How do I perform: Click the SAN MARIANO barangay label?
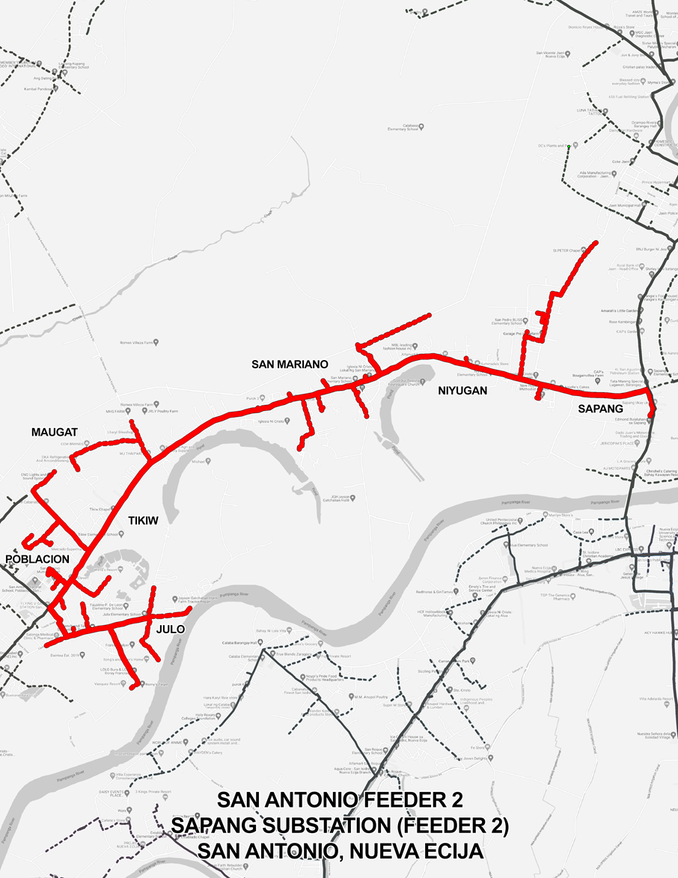coord(290,365)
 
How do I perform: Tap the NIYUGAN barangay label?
coord(462,390)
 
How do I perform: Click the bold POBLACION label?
coord(37,559)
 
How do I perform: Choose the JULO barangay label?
coord(171,629)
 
